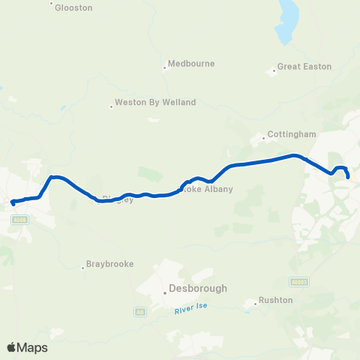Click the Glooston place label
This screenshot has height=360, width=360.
(x=73, y=7)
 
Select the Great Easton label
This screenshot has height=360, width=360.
(x=304, y=67)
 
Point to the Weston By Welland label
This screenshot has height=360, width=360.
(x=155, y=102)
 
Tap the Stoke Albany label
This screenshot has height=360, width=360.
(x=208, y=189)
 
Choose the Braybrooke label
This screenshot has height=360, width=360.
(x=109, y=265)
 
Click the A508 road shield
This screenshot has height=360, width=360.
(x=20, y=220)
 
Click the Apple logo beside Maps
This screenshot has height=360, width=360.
(x=12, y=347)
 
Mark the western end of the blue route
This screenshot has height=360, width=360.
(x=13, y=202)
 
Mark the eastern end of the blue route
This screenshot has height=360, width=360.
(x=349, y=177)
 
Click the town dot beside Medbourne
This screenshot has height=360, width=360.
(x=165, y=67)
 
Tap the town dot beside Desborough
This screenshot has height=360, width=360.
(x=164, y=293)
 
